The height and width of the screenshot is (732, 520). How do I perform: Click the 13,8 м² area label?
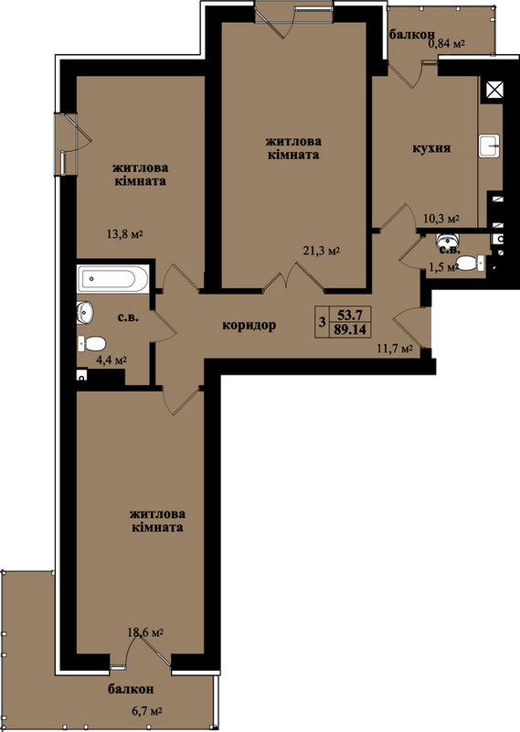coord(124,234)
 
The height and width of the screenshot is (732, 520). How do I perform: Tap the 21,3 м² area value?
coord(322,251)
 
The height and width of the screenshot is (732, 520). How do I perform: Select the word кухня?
coord(431,148)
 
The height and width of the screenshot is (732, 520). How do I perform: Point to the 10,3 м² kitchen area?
coord(441,218)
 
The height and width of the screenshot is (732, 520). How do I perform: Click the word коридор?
coord(249,326)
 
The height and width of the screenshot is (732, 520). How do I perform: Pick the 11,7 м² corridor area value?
coord(395,349)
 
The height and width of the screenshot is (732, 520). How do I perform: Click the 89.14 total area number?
coord(350,329)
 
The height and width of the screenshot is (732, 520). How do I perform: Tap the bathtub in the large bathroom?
coord(112,279)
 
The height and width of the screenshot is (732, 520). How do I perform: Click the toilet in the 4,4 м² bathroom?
coord(92,344)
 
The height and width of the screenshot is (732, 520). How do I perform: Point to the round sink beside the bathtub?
coord(85,312)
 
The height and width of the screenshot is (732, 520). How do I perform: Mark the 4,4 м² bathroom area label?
coord(111,360)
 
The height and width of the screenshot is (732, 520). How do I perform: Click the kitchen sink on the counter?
coord(489,145)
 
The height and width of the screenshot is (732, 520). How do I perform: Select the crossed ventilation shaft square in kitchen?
coord(494,89)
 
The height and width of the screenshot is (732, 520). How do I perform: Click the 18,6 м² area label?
coord(145,632)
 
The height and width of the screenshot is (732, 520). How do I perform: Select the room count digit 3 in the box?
coord(322,322)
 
